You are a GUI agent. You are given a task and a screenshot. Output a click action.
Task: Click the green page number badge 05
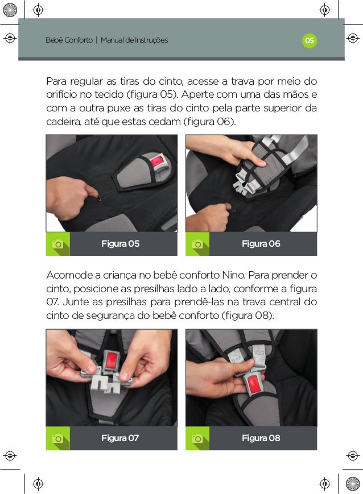pyautogui.click(x=310, y=40)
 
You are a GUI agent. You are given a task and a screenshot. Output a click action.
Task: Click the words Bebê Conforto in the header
pyautogui.click(x=69, y=40)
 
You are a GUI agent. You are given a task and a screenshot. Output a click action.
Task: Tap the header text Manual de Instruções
pyautogui.click(x=134, y=40)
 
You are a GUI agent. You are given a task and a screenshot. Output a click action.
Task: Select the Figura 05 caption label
pyautogui.click(x=121, y=243)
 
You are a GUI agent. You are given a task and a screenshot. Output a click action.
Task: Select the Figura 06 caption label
pyautogui.click(x=261, y=243)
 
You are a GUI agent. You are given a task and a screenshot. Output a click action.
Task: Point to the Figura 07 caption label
pyautogui.click(x=120, y=438)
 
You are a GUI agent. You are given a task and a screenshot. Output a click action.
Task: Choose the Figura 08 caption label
pyautogui.click(x=261, y=438)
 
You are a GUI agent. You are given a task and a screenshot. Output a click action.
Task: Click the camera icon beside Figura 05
pyautogui.click(x=57, y=244)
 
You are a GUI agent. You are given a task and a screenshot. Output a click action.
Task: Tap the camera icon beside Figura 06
pyautogui.click(x=197, y=244)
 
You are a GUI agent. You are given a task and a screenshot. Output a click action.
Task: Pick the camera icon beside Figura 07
pyautogui.click(x=57, y=438)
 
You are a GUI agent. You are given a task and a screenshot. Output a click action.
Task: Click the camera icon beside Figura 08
pyautogui.click(x=197, y=438)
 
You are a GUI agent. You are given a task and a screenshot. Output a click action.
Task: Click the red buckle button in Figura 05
pyautogui.click(x=156, y=162)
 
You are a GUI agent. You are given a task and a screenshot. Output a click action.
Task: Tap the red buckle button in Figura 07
pyautogui.click(x=112, y=361)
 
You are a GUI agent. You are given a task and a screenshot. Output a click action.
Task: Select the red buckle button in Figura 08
pyautogui.click(x=254, y=385)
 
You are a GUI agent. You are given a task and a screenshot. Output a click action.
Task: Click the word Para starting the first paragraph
pyautogui.click(x=56, y=81)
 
